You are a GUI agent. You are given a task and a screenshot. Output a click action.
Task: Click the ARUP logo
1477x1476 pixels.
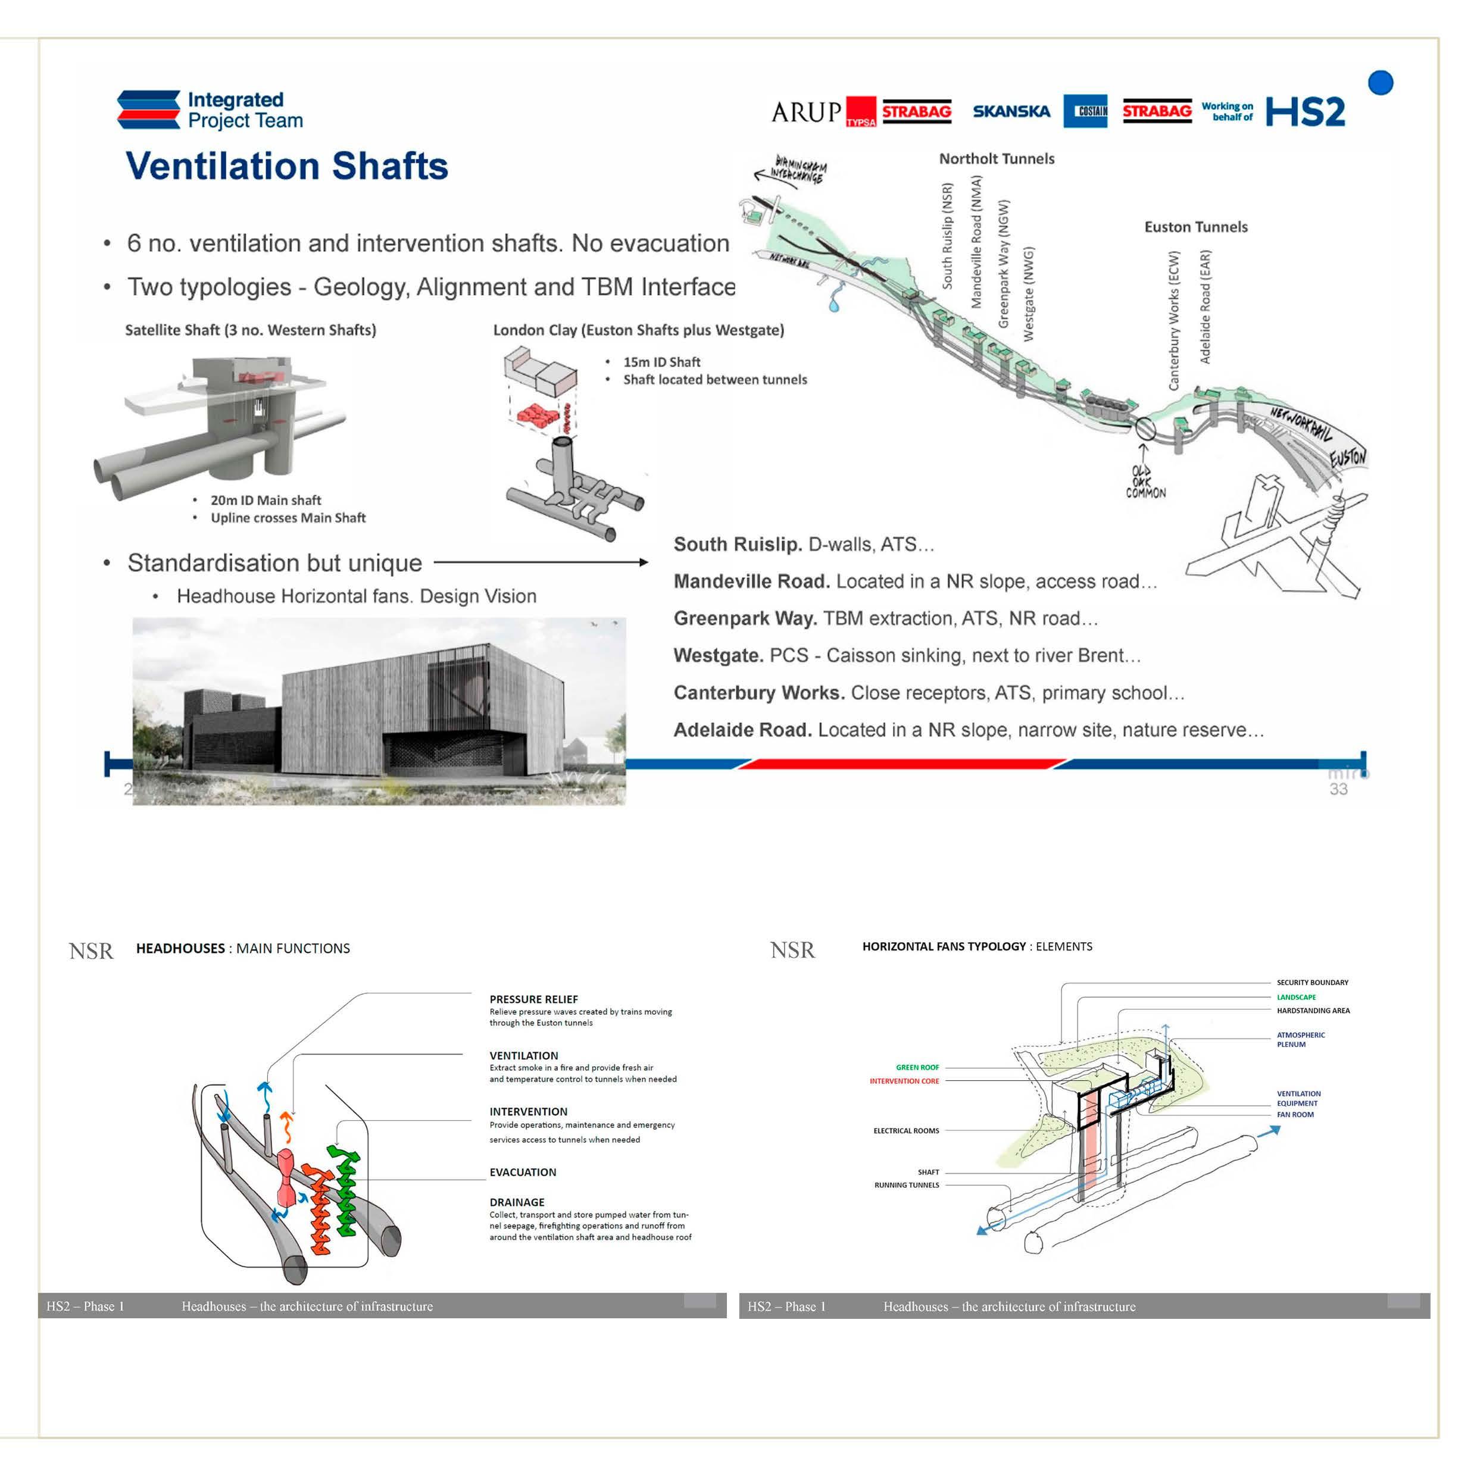(x=806, y=112)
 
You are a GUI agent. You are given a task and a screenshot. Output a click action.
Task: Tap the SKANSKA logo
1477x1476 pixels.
(x=1011, y=112)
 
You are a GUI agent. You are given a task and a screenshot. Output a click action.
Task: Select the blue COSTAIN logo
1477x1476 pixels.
(x=1085, y=112)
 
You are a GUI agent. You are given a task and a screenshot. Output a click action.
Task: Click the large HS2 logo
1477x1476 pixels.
(x=1305, y=112)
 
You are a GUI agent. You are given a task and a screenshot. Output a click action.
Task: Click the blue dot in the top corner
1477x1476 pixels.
(x=1380, y=83)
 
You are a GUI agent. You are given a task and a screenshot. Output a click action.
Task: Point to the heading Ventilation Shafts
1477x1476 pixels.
(x=287, y=166)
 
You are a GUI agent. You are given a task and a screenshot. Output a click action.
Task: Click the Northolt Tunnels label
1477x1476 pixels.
(x=996, y=159)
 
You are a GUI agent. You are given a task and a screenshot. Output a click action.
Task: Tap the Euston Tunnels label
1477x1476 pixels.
(x=1195, y=227)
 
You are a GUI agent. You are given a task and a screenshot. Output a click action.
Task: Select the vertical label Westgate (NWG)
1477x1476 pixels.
(x=1028, y=293)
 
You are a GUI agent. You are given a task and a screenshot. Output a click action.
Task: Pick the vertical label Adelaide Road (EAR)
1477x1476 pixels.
(x=1205, y=307)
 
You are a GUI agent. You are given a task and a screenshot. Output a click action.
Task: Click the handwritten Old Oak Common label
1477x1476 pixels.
(x=1144, y=482)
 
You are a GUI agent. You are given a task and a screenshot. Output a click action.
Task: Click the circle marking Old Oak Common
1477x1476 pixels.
(x=1144, y=429)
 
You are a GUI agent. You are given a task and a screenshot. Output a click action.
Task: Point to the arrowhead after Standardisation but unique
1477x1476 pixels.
(x=643, y=562)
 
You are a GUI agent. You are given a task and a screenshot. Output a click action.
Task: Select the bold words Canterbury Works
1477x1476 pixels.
(x=758, y=693)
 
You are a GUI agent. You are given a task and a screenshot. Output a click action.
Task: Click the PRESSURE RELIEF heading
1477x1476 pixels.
(x=533, y=999)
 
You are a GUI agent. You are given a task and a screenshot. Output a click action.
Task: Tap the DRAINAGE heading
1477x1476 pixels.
(x=517, y=1202)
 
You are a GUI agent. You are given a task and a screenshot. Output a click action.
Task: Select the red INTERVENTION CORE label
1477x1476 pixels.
(x=904, y=1081)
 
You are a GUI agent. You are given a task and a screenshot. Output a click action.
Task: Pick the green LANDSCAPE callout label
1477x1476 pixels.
(x=1296, y=997)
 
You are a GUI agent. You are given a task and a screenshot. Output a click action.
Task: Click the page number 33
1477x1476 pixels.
(x=1338, y=789)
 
